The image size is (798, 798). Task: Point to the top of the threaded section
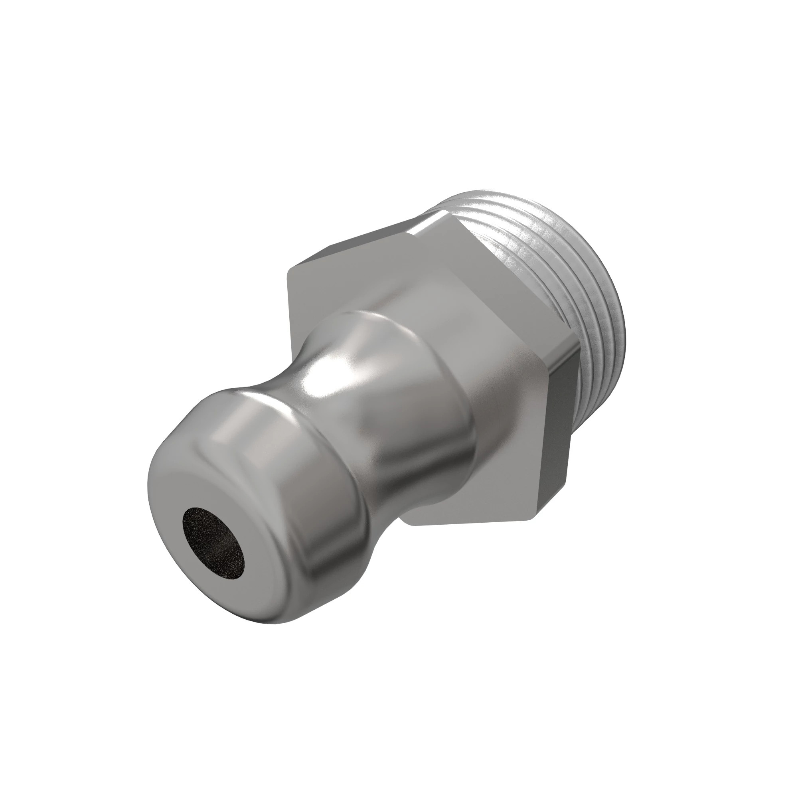coord(496,194)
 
